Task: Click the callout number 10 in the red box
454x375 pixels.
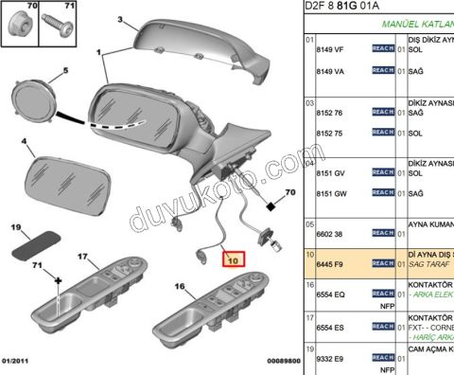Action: [232, 256]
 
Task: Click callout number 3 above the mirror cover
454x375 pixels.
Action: [121, 19]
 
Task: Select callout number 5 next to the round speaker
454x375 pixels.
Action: [65, 71]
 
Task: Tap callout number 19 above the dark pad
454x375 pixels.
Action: [16, 227]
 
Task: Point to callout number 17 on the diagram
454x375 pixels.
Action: [82, 257]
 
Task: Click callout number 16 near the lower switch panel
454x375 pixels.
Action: [179, 285]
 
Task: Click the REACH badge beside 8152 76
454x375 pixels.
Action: [382, 112]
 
